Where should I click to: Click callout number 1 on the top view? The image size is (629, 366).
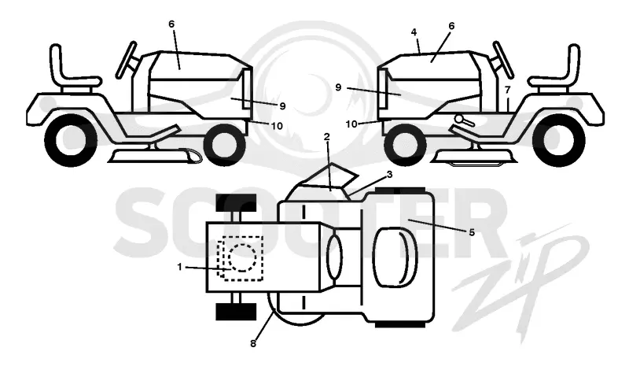point(180,266)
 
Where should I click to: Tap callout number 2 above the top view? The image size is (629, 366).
point(327,137)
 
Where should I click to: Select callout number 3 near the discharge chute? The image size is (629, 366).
point(389,175)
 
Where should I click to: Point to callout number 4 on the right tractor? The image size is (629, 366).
point(414,32)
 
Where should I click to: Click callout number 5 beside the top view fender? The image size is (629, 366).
point(472,232)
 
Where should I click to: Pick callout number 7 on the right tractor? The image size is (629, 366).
point(508,89)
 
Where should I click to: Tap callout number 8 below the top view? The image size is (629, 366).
point(253,343)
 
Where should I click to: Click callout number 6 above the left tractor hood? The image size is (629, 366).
point(171,24)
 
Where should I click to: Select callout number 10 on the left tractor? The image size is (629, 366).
point(277,126)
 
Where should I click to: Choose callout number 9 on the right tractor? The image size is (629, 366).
point(338,87)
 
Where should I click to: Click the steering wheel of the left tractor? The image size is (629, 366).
point(126,60)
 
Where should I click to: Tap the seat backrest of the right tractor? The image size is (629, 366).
point(573,61)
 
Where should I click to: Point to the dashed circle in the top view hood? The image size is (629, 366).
point(242,257)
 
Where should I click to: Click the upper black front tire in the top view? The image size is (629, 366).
point(236,203)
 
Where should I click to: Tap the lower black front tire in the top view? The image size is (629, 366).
point(236,312)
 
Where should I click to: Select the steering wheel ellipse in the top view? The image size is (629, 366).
point(334,257)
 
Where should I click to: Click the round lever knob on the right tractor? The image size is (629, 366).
point(460,119)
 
